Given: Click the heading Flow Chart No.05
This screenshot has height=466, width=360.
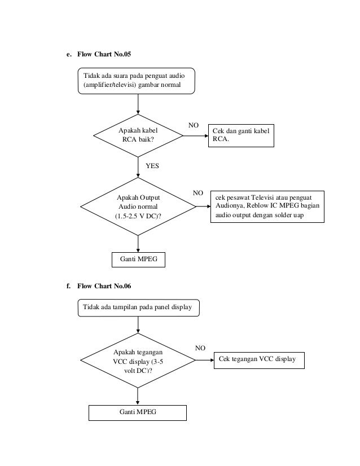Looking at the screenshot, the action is (x=104, y=54).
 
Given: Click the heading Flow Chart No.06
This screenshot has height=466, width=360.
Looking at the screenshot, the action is (x=104, y=286).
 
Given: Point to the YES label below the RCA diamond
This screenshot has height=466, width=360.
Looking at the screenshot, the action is (x=152, y=166).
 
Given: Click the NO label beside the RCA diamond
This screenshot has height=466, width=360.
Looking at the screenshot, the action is (x=193, y=125).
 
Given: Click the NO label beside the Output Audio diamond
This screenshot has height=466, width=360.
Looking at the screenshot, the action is (x=197, y=193).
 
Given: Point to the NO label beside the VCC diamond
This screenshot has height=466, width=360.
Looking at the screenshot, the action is (x=200, y=348).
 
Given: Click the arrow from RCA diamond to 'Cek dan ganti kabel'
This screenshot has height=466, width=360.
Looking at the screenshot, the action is (x=196, y=136).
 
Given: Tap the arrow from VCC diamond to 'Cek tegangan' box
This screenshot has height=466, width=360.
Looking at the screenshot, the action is (x=205, y=360).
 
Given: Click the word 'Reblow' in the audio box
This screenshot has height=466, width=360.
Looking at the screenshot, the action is (x=257, y=206).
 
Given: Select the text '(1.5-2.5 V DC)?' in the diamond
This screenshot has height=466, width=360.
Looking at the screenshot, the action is (x=138, y=216).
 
